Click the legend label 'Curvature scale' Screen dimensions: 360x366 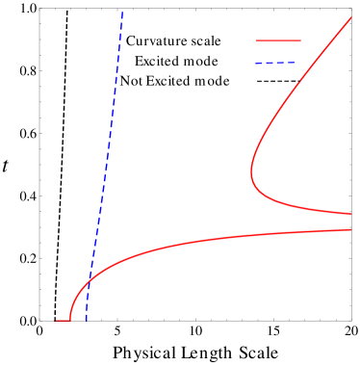point(174,41)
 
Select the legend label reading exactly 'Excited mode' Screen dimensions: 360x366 point(176,62)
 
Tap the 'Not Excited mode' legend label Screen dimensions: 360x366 point(175,82)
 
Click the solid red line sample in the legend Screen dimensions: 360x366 point(278,41)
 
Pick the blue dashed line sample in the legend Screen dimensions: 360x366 point(278,62)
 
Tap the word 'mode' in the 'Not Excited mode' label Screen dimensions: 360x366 point(213,82)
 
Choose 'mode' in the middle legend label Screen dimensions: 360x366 point(201,62)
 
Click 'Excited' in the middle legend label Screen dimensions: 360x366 point(157,62)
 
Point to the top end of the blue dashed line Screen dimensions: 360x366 point(123,12)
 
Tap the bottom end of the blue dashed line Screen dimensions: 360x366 point(87,320)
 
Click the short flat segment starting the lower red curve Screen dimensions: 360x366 point(63,320)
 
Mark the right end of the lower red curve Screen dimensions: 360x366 point(351,229)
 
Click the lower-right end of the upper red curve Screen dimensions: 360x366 point(351,213)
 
